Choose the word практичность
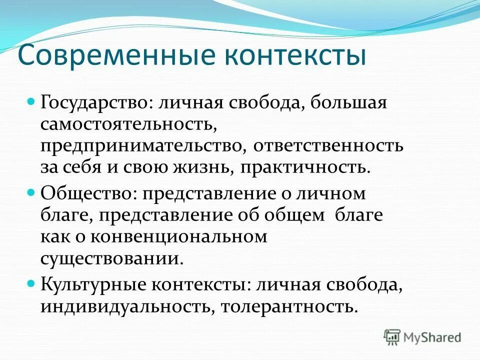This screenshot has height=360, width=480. tap(306, 167)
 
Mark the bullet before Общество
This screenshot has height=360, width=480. tap(44, 191)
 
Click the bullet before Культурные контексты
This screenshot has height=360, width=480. tap(44, 283)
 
